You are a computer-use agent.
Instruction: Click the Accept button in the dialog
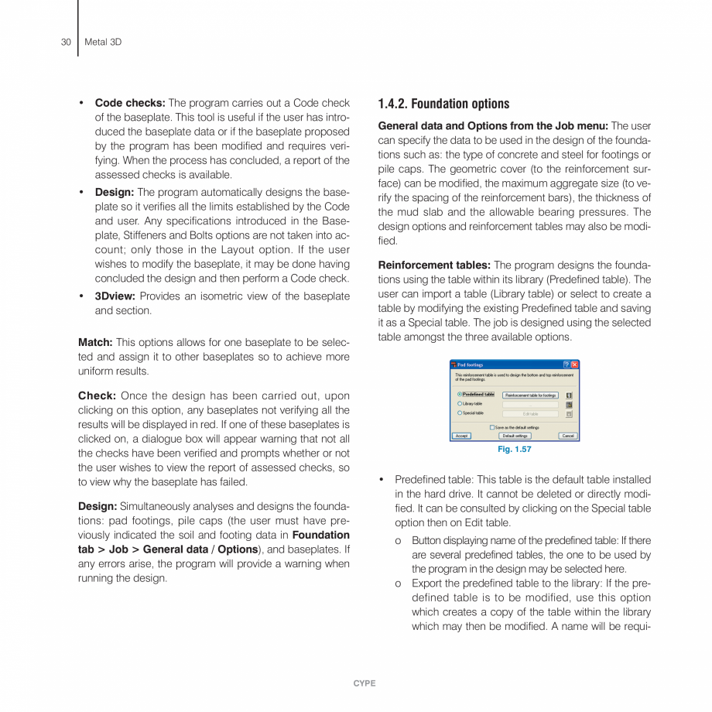461,436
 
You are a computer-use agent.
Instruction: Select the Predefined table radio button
460,395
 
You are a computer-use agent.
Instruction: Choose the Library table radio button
460,404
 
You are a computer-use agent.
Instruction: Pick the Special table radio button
460,413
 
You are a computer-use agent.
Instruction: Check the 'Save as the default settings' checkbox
492,427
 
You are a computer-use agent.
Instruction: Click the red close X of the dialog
574,364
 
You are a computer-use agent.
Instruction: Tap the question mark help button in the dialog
566,364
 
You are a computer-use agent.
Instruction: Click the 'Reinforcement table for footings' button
531,395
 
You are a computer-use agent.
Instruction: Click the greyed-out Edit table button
531,413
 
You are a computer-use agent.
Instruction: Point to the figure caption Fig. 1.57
515,449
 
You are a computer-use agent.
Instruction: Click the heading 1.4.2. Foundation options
443,104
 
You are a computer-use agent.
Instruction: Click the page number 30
66,42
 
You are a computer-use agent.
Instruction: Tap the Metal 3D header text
102,42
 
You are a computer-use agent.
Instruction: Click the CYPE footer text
364,683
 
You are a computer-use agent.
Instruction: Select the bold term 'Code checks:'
129,102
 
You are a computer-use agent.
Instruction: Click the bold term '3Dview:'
115,296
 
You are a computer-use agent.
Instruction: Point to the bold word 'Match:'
95,342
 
